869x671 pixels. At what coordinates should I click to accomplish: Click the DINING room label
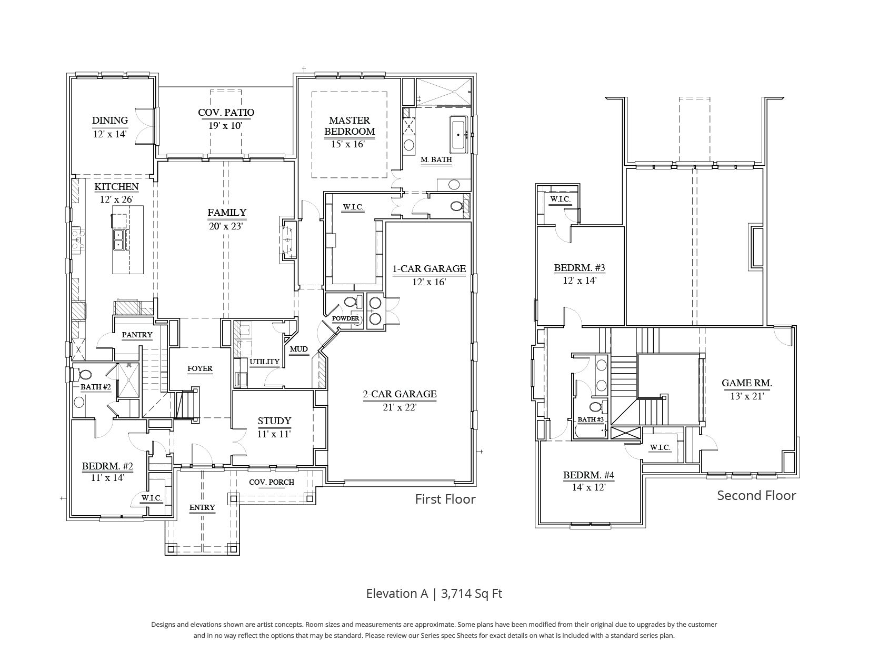pyautogui.click(x=110, y=121)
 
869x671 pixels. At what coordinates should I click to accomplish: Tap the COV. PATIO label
pyautogui.click(x=226, y=113)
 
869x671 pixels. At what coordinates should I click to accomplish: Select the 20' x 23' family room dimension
pyautogui.click(x=226, y=226)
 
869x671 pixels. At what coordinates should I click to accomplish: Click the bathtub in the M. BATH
pyautogui.click(x=458, y=135)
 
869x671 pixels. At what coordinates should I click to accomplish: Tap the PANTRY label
pyautogui.click(x=137, y=335)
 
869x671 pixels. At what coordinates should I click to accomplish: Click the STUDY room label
pyautogui.click(x=274, y=420)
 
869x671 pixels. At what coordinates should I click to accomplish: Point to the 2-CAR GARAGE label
pyautogui.click(x=399, y=394)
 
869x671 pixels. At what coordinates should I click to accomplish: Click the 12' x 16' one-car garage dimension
pyautogui.click(x=429, y=282)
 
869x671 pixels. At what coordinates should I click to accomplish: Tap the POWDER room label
pyautogui.click(x=345, y=318)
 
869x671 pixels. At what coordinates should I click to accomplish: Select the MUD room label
pyautogui.click(x=299, y=349)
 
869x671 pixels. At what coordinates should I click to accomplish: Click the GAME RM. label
pyautogui.click(x=747, y=383)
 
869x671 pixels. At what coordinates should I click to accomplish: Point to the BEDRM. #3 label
pyautogui.click(x=580, y=267)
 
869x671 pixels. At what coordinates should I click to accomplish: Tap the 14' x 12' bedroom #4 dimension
pyautogui.click(x=588, y=487)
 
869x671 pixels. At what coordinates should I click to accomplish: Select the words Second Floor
pyautogui.click(x=757, y=495)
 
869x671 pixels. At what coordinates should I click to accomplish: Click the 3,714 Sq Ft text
pyautogui.click(x=472, y=594)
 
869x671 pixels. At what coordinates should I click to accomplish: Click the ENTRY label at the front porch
pyautogui.click(x=202, y=507)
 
